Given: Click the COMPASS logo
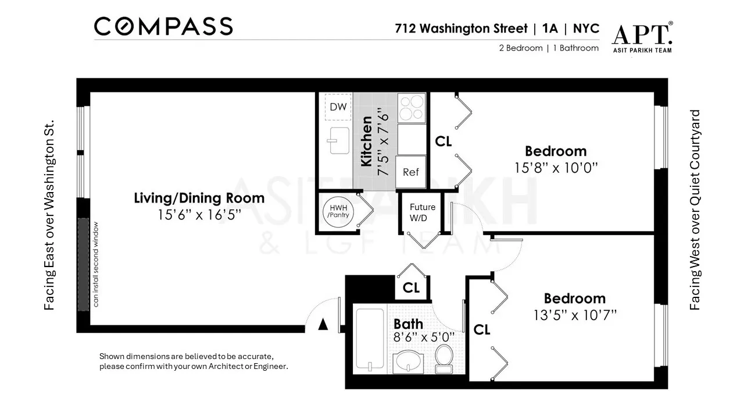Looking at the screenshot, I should click(x=163, y=26).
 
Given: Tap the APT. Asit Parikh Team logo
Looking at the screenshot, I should click(x=642, y=38).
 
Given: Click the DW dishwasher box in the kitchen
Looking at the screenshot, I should click(x=338, y=107).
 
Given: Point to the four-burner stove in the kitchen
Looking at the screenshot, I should click(x=412, y=107).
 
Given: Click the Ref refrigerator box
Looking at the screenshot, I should click(x=411, y=172).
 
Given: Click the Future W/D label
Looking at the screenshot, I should click(x=423, y=212).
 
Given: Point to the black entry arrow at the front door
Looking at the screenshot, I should click(x=323, y=325).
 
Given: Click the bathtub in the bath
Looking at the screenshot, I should click(x=370, y=340).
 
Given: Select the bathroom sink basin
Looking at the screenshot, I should click(x=410, y=363).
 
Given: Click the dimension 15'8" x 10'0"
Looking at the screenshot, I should click(x=556, y=168).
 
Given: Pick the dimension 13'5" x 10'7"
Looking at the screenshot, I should click(x=574, y=315).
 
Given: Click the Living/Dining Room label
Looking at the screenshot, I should click(x=199, y=198).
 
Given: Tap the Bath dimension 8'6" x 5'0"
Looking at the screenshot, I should click(x=424, y=337).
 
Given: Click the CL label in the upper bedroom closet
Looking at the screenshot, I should click(x=443, y=141).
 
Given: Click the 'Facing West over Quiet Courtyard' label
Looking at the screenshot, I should click(x=695, y=210).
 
